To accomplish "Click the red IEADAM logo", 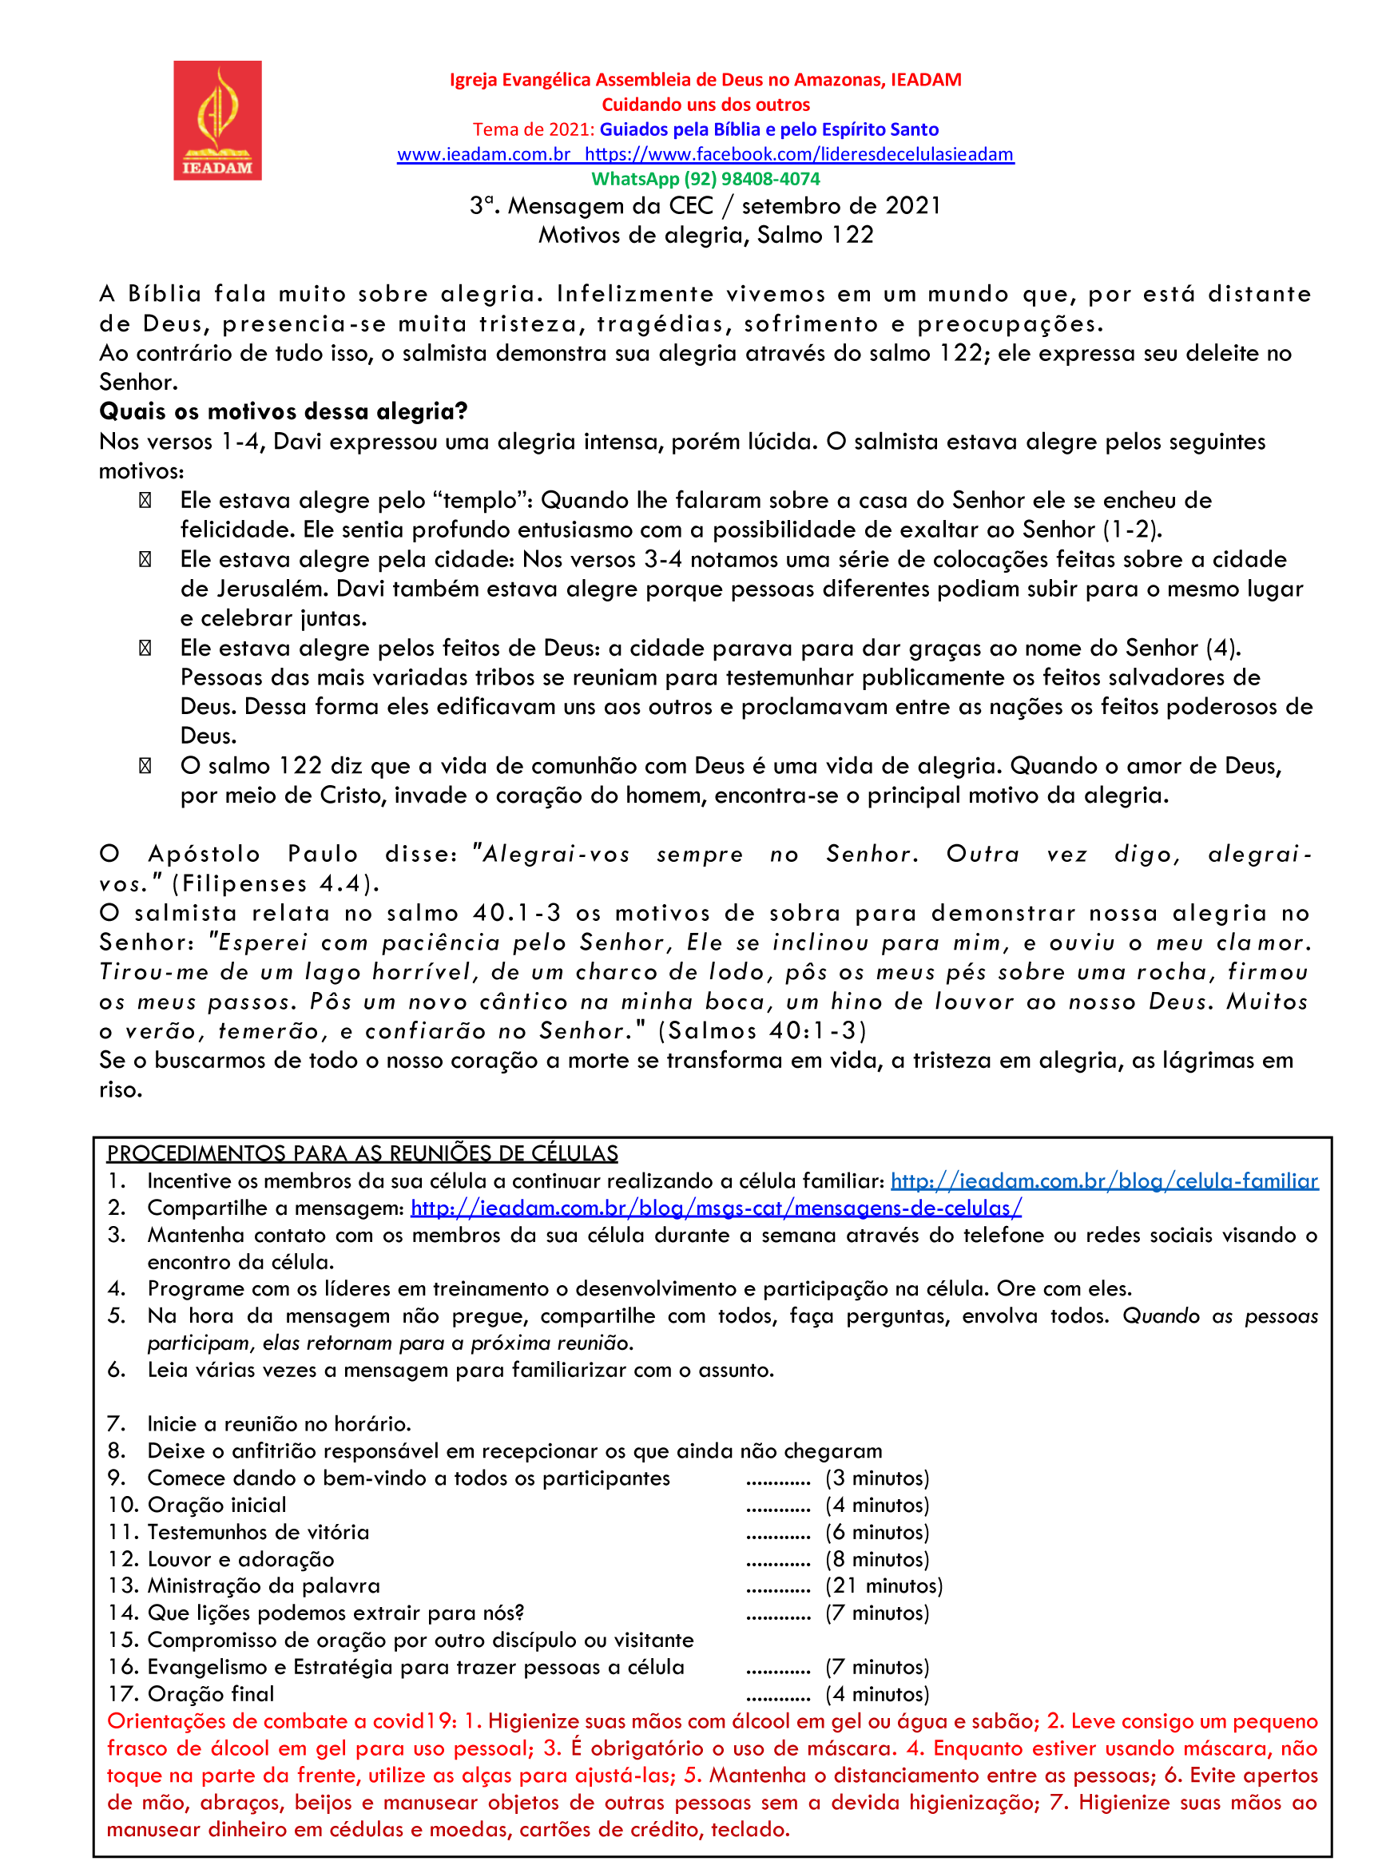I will tap(217, 121).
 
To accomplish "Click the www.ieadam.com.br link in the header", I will tap(483, 155).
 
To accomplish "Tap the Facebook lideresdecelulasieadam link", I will tap(799, 155).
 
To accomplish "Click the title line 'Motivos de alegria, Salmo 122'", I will tap(705, 236).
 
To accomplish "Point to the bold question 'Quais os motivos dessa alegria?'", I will tap(283, 411).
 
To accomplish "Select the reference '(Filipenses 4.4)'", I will tap(276, 883).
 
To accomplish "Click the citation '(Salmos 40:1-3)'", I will tap(762, 1031).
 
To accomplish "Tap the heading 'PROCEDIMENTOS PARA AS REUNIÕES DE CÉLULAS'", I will tap(362, 1153).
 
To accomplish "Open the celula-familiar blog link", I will tap(1104, 1181).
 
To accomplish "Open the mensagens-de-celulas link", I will tap(715, 1208).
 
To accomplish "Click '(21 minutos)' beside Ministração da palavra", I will tap(884, 1586).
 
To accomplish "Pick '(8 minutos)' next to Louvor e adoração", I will tap(876, 1559).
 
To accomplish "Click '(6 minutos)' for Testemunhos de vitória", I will tap(876, 1532).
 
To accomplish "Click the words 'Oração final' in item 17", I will tap(210, 1694).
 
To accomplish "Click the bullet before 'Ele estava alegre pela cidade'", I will tap(145, 560).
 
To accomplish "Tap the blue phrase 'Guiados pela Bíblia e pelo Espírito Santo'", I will tap(768, 129).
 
